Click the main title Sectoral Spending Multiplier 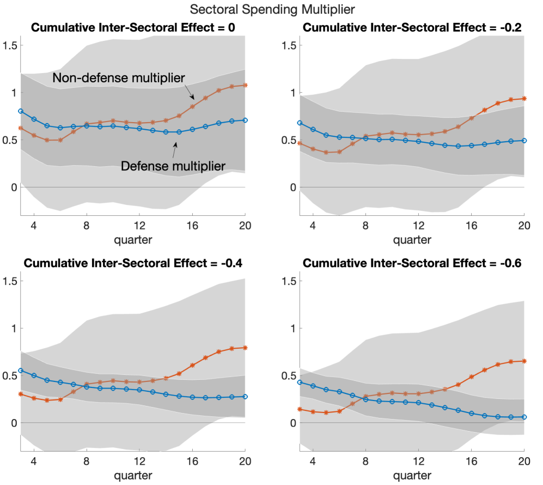pos(271,9)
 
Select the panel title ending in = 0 pos(132,28)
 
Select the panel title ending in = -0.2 pos(412,28)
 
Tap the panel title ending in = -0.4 pos(132,264)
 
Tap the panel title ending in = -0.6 pos(412,264)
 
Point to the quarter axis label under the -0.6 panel pos(412,475)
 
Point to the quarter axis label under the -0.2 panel pos(412,239)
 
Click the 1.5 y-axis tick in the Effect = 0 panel pos(10,45)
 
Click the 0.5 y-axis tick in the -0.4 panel pos(10,375)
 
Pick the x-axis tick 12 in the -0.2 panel pos(418,225)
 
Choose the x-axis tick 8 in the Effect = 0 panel pos(86,225)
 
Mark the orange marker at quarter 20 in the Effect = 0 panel pos(245,85)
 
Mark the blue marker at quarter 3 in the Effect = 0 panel pos(20,111)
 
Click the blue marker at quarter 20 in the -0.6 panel pos(524,417)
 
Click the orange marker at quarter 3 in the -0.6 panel pos(300,409)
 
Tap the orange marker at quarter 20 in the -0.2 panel pos(524,99)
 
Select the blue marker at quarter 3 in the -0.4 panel pos(20,371)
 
